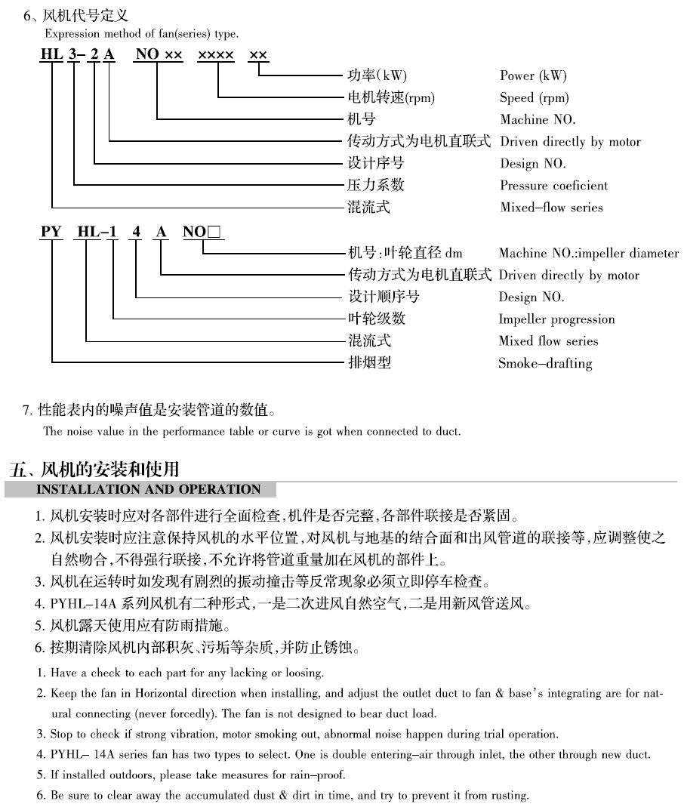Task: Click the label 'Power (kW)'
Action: pyautogui.click(x=533, y=75)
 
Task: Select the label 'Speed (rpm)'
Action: pyautogui.click(x=535, y=97)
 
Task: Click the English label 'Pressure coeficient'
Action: pyautogui.click(x=553, y=186)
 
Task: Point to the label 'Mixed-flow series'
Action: pyautogui.click(x=551, y=208)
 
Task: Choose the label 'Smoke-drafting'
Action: pyautogui.click(x=545, y=364)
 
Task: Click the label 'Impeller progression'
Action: pyautogui.click(x=556, y=319)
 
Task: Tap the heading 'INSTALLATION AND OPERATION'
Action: pyautogui.click(x=149, y=489)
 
